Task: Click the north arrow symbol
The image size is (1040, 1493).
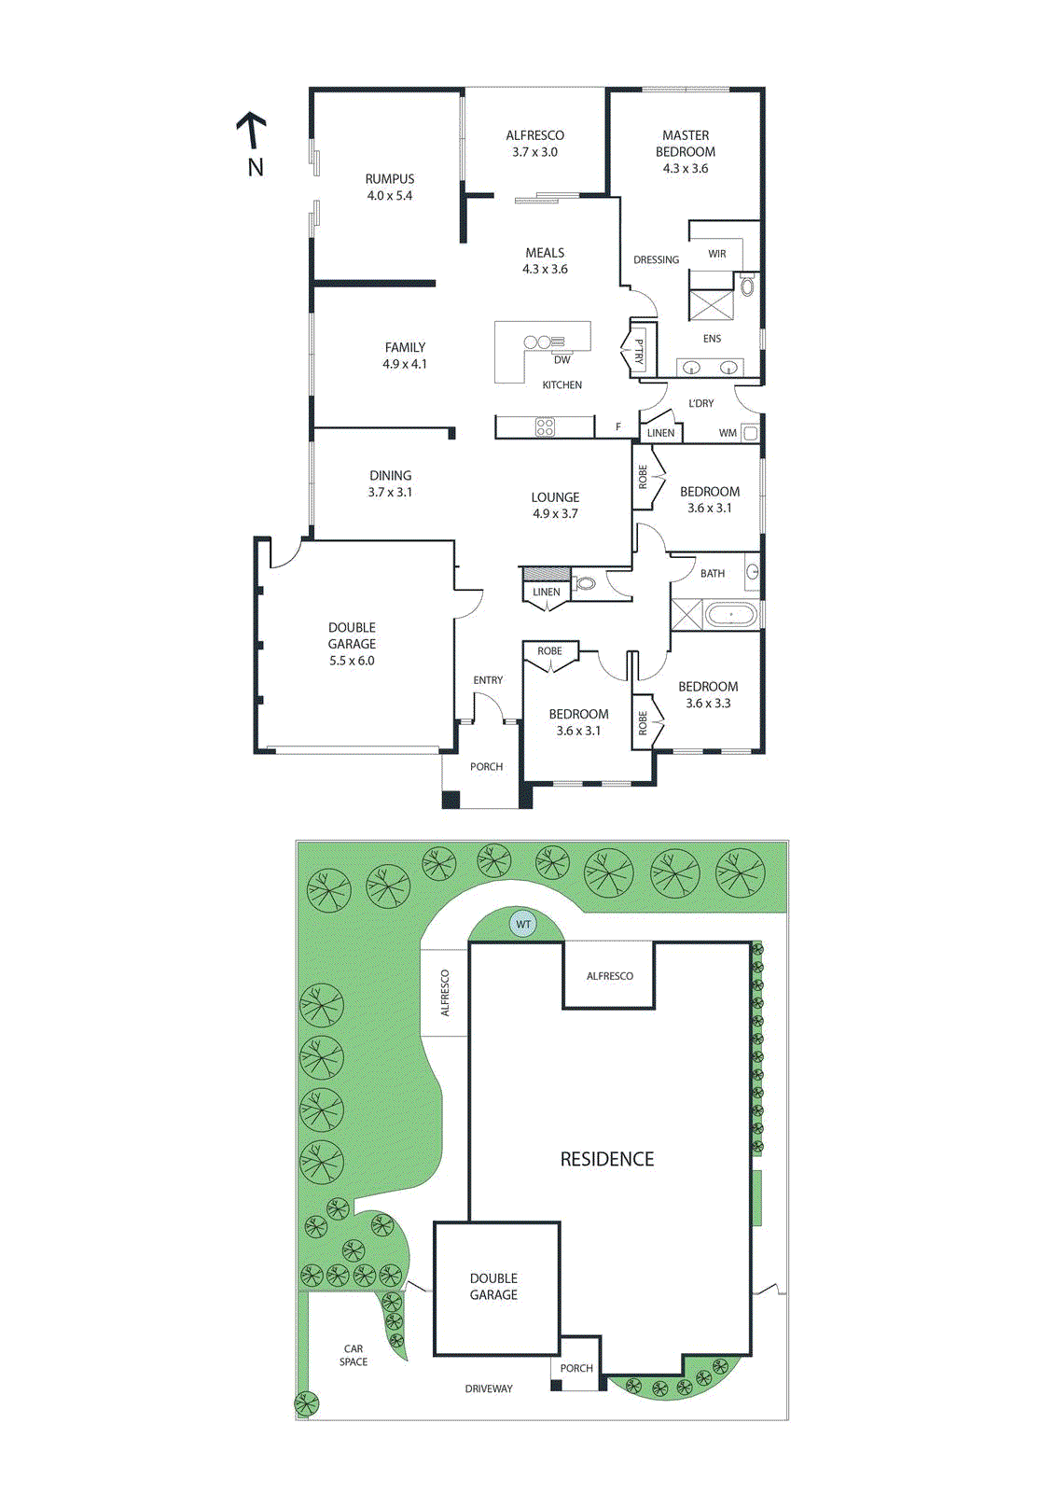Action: click(x=251, y=132)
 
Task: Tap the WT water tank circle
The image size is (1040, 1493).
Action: click(x=523, y=925)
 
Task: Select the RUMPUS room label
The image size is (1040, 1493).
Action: click(x=390, y=179)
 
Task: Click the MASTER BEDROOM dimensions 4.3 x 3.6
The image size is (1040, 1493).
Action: click(x=686, y=169)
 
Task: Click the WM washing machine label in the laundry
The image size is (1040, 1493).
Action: click(x=728, y=433)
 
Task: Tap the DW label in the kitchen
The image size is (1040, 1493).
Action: click(x=562, y=360)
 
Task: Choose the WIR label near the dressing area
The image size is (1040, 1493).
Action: click(x=716, y=254)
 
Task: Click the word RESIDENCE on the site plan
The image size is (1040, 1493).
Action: click(x=607, y=1159)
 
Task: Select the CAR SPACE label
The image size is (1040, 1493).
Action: click(x=354, y=1355)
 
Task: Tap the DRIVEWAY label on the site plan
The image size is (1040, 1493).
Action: click(x=489, y=1388)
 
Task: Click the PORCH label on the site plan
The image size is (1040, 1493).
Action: click(x=576, y=1368)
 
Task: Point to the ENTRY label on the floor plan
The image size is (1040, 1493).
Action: click(x=488, y=680)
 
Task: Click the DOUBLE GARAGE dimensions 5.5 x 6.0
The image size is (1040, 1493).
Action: click(x=352, y=661)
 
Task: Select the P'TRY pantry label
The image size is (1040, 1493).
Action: click(x=639, y=351)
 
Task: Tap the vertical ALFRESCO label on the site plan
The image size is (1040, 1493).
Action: click(x=445, y=993)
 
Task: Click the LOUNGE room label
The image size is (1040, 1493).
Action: click(x=556, y=497)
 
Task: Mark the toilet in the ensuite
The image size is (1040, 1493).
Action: click(x=747, y=286)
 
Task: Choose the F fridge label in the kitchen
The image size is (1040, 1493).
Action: click(x=617, y=427)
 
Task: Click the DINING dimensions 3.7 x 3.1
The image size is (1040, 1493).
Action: click(x=390, y=492)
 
